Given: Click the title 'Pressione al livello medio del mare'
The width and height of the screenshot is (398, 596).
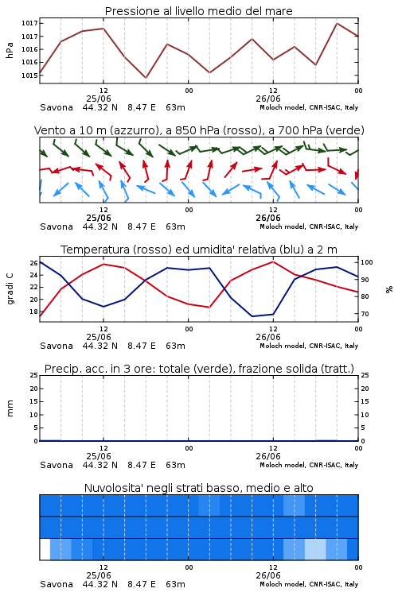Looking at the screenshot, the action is click(198, 11).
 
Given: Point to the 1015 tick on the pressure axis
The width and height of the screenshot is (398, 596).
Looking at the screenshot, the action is click(29, 75).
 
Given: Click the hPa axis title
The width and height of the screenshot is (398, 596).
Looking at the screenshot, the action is click(10, 50).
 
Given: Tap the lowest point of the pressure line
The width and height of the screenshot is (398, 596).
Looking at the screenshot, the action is click(146, 78).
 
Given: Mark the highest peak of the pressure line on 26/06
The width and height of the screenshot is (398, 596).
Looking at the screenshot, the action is click(337, 23).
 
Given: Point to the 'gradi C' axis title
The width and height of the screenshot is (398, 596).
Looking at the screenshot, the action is click(10, 289).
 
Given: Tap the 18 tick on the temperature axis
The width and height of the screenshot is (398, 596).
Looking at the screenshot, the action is click(33, 312).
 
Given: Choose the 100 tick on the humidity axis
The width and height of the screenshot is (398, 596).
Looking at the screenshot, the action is click(367, 262).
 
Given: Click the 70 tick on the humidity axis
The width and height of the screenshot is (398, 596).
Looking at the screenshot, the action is click(365, 314).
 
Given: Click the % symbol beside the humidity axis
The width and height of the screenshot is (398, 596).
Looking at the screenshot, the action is click(389, 289).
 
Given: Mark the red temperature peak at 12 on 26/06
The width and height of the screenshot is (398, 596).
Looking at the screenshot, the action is click(273, 261).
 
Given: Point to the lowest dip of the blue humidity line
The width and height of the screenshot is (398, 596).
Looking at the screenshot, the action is click(252, 316).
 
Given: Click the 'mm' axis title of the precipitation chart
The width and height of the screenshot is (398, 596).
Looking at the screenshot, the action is click(10, 408).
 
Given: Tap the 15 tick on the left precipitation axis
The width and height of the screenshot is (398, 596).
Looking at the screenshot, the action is click(33, 401).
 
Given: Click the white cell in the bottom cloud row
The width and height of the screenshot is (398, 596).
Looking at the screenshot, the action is click(45, 549).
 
